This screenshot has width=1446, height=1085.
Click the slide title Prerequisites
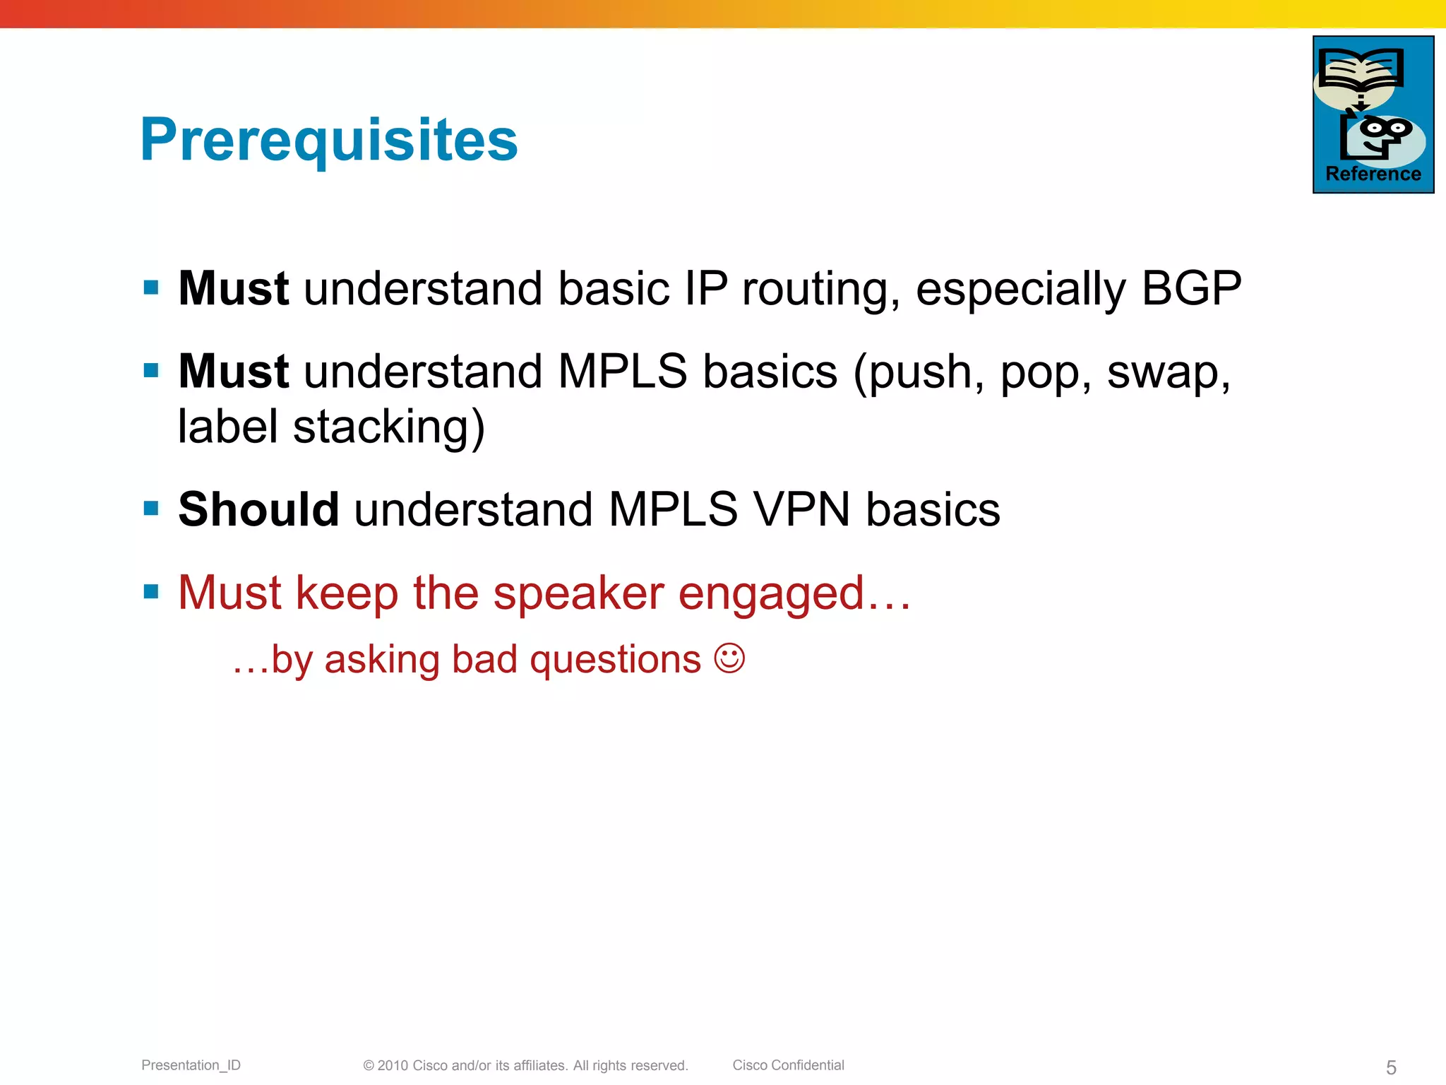(329, 139)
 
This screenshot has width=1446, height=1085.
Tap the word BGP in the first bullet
(1191, 288)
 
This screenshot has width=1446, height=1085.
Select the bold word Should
(258, 509)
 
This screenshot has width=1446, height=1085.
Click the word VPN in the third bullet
(801, 509)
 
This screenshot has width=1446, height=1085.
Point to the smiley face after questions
(729, 658)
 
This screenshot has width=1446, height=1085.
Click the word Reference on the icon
(1373, 174)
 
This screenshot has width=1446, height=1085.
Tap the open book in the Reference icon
(1360, 69)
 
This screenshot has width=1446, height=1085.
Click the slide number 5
(1391, 1067)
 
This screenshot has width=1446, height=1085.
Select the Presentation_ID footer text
(191, 1065)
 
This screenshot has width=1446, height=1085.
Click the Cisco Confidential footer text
(788, 1065)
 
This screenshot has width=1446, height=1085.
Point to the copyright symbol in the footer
(368, 1066)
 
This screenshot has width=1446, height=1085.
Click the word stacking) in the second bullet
(388, 427)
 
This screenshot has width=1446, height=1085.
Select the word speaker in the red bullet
(578, 592)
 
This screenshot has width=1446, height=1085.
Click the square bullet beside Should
(151, 508)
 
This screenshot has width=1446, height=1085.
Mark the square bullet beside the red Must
(151, 591)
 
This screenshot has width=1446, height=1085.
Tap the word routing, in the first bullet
(820, 290)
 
